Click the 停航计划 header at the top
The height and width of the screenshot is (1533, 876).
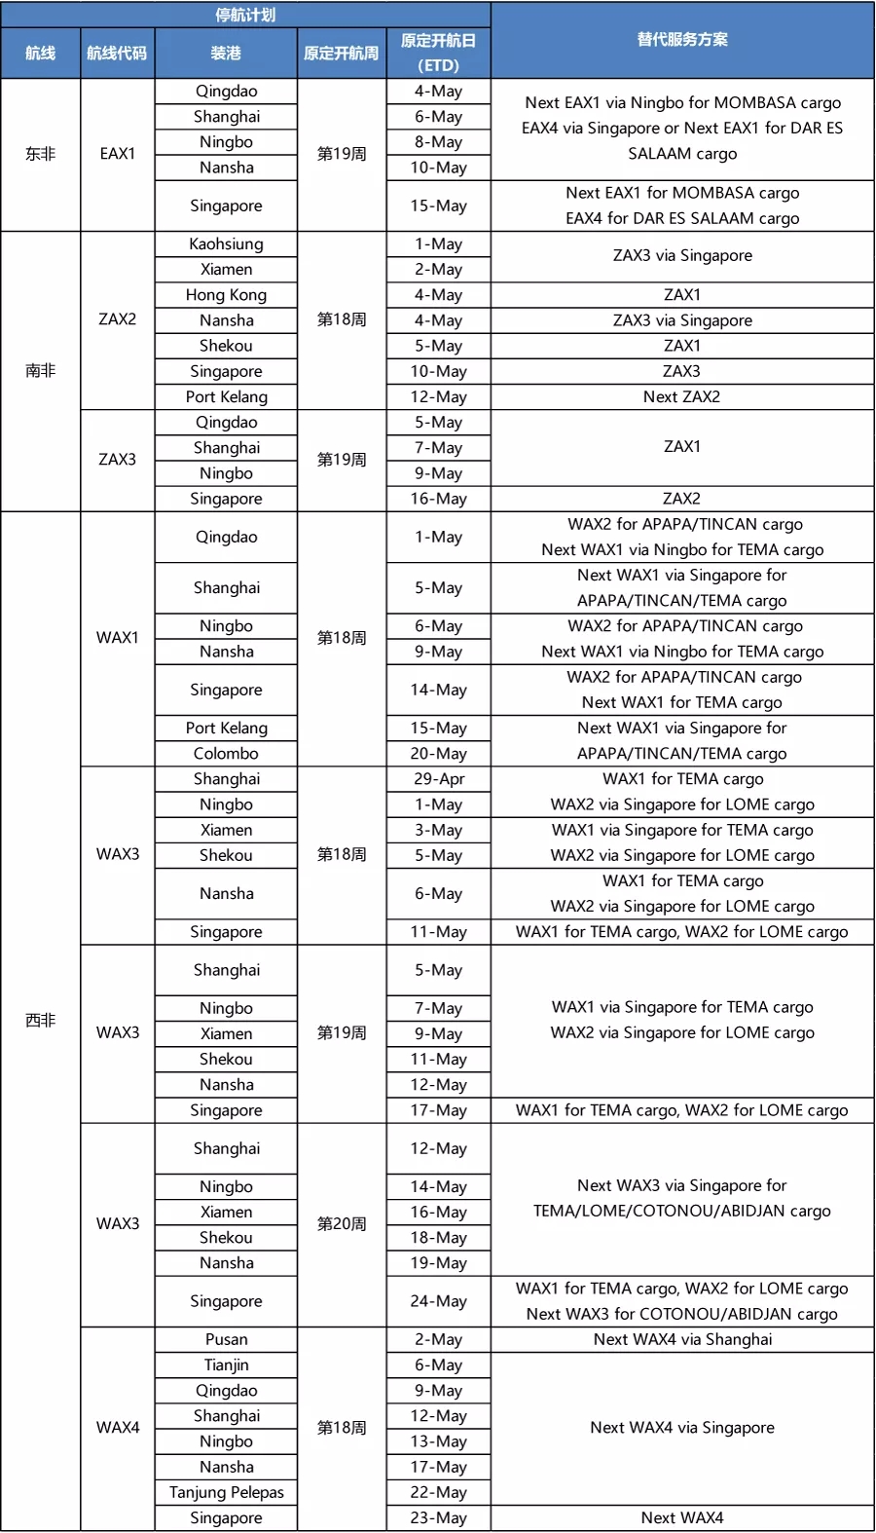[x=245, y=15]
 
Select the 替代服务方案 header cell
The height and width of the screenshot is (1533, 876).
[x=682, y=40]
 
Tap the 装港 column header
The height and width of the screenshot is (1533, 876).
[x=226, y=53]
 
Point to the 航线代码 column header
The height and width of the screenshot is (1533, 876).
[x=117, y=53]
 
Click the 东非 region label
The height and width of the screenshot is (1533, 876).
[x=40, y=154]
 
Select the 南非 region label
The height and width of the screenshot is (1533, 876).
[x=40, y=370]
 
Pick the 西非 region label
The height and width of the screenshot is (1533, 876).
[x=40, y=1020]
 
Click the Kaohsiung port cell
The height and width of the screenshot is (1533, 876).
[x=226, y=243]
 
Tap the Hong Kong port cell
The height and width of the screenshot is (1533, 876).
[x=226, y=294]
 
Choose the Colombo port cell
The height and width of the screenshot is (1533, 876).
[x=226, y=753]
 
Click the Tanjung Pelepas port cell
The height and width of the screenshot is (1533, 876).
[x=226, y=1492]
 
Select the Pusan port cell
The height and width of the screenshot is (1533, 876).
[x=226, y=1339]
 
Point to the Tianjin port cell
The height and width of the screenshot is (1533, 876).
[x=226, y=1365]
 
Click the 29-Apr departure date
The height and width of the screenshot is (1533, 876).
[x=439, y=778]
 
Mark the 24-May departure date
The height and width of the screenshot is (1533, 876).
[x=439, y=1301]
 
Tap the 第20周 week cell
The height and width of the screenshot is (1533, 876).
[x=342, y=1223]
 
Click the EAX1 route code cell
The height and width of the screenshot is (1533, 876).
[x=117, y=154]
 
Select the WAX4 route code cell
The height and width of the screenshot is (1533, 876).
[x=117, y=1428]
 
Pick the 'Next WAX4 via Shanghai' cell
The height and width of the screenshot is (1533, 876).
[x=682, y=1339]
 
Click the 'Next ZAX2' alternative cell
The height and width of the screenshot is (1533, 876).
[x=682, y=396]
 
